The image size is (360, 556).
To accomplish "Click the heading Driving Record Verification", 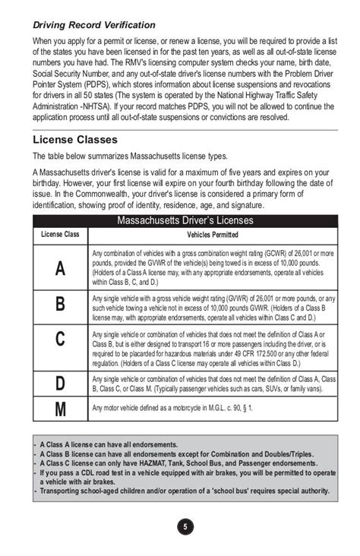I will [x=94, y=25].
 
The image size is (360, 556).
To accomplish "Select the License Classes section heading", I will [x=75, y=140].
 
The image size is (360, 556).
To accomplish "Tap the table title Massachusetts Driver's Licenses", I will [x=185, y=221].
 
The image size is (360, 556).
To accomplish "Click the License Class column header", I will [x=60, y=235].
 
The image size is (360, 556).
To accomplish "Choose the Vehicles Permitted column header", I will [x=213, y=235].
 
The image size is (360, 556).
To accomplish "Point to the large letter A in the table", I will [x=60, y=268].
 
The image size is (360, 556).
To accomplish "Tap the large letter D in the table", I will [x=60, y=384].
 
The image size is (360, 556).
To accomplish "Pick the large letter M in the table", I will [x=60, y=409].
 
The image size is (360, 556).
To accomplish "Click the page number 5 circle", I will [x=185, y=526].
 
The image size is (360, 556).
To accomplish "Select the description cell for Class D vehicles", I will [x=213, y=384].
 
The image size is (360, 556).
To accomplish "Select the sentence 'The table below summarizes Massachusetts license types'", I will [x=130, y=156].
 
